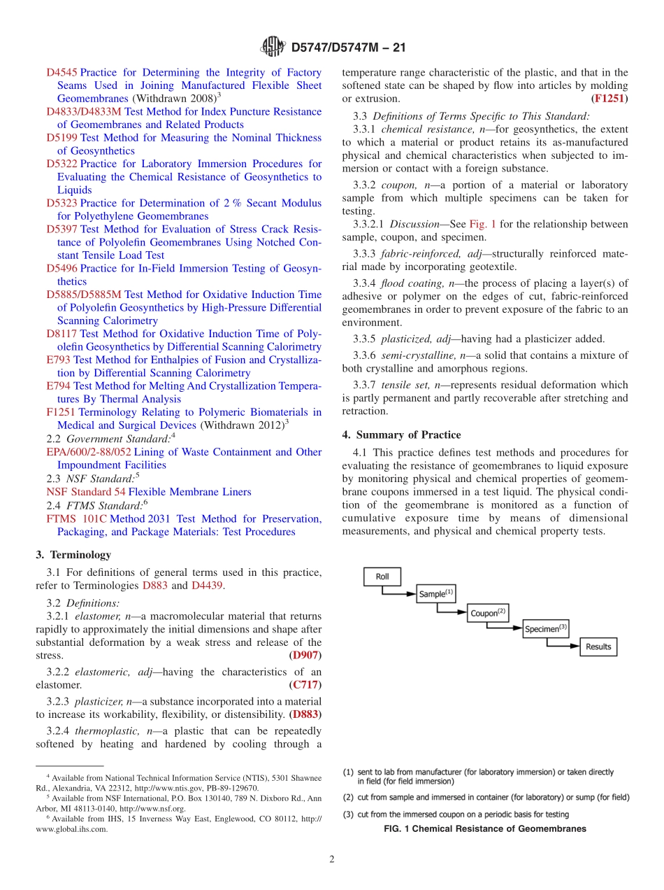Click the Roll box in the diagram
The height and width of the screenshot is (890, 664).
[x=382, y=577]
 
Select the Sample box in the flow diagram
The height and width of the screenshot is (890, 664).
[x=435, y=593]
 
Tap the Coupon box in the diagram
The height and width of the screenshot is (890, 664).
[x=487, y=612]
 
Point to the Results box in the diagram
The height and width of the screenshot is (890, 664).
[x=598, y=647]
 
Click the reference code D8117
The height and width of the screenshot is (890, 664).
[x=62, y=334]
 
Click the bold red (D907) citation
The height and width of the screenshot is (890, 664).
[x=305, y=656]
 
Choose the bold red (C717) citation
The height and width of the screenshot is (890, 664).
[x=305, y=685]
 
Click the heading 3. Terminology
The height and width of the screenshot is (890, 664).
[x=73, y=555]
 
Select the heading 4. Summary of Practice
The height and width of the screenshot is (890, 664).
[x=401, y=435]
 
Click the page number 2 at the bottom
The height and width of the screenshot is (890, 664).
[x=332, y=859]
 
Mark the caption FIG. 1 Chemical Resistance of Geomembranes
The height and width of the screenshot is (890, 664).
[x=485, y=829]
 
